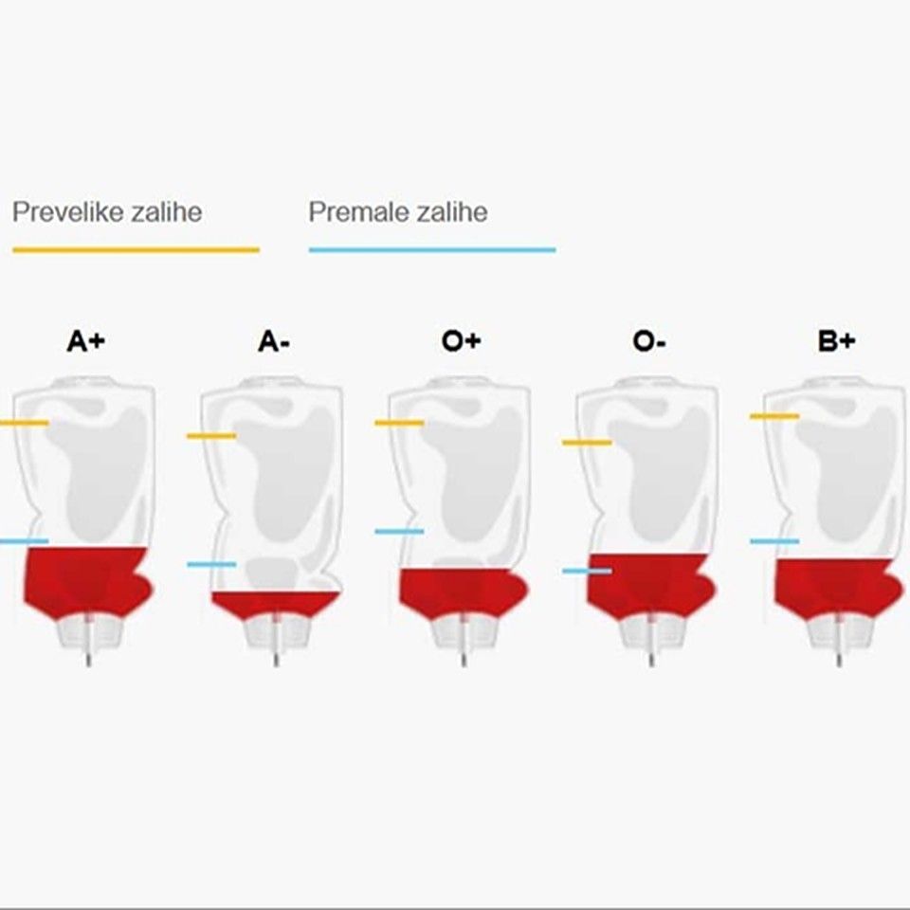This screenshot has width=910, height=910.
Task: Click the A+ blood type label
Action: pos(86,340)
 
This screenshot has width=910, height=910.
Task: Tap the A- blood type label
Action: pos(273,340)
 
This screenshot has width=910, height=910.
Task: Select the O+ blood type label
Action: pos(461,340)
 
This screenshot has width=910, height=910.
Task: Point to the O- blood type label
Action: pos(648,340)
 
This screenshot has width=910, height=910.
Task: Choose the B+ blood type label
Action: pos(836,340)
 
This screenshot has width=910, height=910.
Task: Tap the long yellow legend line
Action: pos(136,250)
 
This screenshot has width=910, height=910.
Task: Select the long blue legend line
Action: pos(432,250)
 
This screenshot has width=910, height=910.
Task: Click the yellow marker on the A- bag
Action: pos(211,436)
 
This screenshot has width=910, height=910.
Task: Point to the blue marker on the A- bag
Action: pos(211,564)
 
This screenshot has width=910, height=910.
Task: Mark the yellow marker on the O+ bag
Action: pos(399,423)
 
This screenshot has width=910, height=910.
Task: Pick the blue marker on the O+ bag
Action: pos(399,531)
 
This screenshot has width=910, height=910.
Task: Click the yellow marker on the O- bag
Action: pos(587,443)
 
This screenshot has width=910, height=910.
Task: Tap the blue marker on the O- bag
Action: pos(587,571)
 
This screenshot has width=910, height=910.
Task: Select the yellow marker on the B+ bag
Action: pos(774,416)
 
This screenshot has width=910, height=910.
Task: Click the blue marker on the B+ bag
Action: pos(774,541)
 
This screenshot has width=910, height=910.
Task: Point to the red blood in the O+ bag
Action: pos(463,591)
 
